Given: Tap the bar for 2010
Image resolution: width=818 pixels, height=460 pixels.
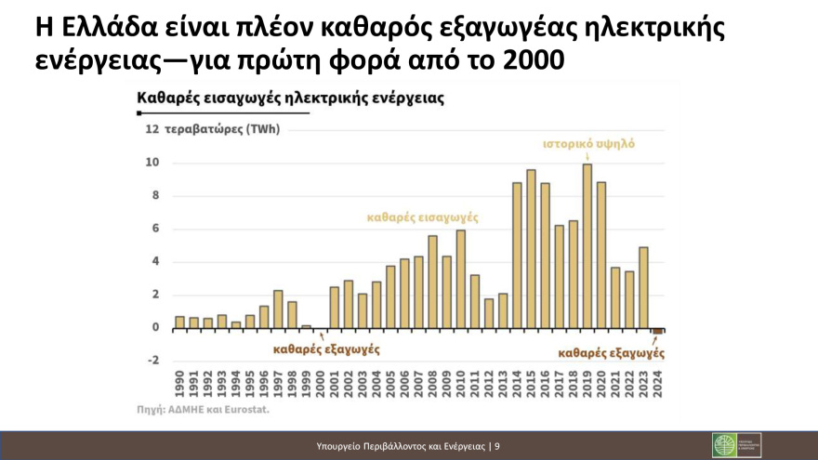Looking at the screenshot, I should pyautogui.click(x=461, y=279).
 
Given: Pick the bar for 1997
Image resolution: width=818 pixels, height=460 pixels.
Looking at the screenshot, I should pyautogui.click(x=278, y=309).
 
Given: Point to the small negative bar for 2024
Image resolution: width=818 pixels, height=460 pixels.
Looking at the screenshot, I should pyautogui.click(x=657, y=331).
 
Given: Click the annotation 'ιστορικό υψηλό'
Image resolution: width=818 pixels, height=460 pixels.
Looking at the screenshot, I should pyautogui.click(x=589, y=145).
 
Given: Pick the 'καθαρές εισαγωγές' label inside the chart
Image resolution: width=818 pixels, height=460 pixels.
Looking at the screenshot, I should pyautogui.click(x=423, y=217).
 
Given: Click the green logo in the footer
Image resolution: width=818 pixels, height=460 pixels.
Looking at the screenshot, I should pyautogui.click(x=724, y=445).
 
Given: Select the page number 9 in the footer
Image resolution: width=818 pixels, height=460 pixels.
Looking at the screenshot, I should pyautogui.click(x=497, y=446).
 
